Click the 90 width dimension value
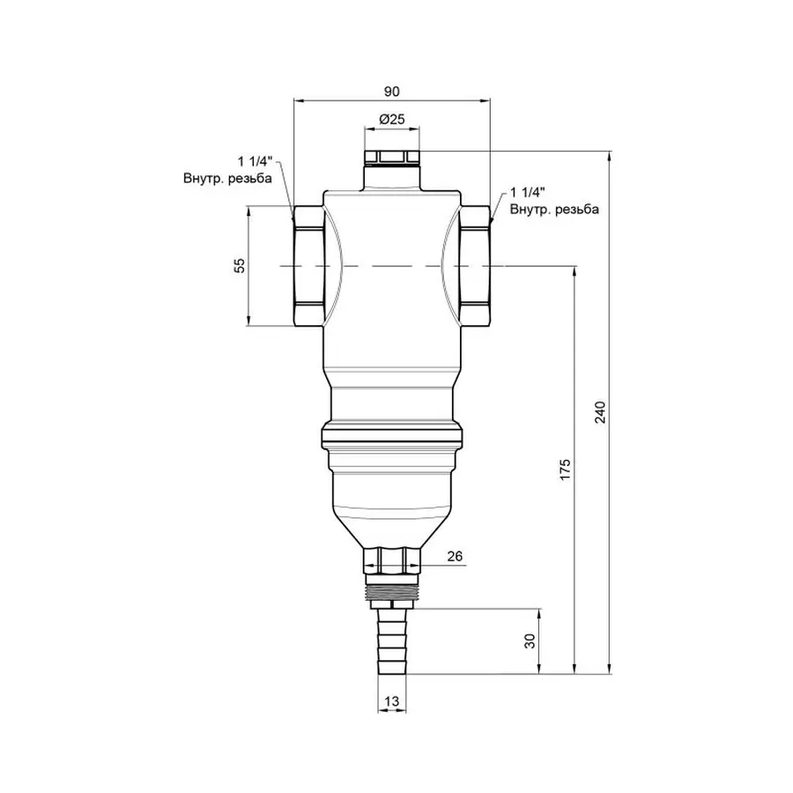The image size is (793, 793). [392, 91]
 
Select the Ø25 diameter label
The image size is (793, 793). [392, 118]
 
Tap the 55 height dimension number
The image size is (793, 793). [239, 266]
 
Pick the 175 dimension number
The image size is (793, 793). [566, 469]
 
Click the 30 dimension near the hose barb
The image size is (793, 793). [530, 641]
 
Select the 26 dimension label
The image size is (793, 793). [454, 557]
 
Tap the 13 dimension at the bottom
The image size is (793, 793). [392, 701]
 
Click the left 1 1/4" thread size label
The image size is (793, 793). [256, 161]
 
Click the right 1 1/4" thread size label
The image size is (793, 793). [529, 192]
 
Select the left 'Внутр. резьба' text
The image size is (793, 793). [227, 178]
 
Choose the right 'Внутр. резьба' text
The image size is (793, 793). [555, 209]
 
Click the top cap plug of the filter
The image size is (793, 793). [392, 159]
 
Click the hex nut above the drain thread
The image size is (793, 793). [392, 559]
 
